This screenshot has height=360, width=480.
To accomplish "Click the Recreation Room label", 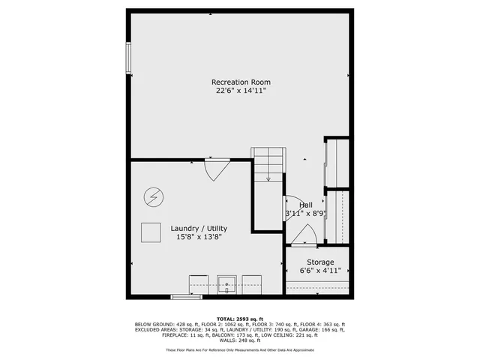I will click(240, 82).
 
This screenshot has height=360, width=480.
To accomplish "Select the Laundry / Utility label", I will click(199, 229).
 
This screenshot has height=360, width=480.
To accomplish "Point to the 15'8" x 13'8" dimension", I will click(199, 237).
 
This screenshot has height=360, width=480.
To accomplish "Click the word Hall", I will click(306, 205).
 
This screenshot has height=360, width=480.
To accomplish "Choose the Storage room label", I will click(319, 262).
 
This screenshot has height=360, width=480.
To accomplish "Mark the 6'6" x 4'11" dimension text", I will click(320, 270).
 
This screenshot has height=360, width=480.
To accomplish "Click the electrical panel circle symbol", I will click(152, 197).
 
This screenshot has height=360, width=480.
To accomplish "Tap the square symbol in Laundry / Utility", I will click(151, 233).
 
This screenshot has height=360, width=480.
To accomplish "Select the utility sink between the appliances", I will click(226, 285).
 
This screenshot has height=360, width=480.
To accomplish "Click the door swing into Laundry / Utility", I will click(215, 169).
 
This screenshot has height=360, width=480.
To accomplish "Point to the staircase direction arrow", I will click(268, 177).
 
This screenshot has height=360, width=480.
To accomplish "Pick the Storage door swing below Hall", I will click(304, 236).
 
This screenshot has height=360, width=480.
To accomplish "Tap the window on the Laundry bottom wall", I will click(187, 297).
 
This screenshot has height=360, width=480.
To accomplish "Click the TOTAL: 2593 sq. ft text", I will click(240, 318).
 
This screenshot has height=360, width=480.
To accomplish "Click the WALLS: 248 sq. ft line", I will click(240, 340).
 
